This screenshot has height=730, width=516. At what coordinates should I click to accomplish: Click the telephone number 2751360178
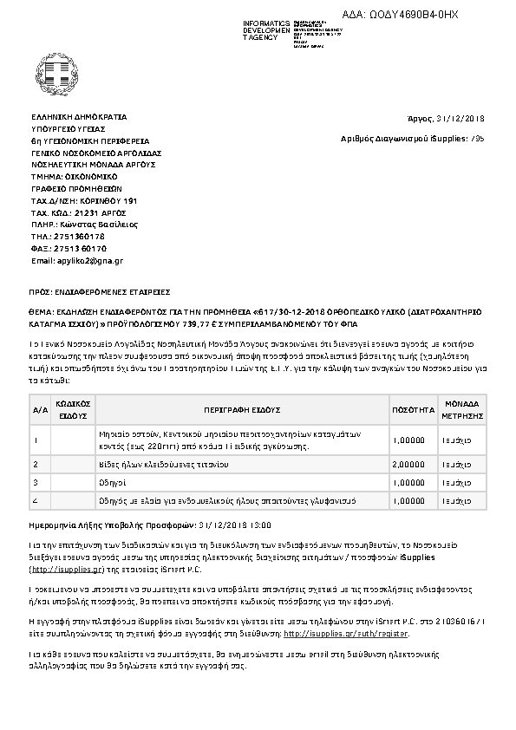[80, 236]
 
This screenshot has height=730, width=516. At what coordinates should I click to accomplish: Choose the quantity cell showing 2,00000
[413, 465]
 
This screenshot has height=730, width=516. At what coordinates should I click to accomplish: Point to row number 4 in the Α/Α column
[36, 500]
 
